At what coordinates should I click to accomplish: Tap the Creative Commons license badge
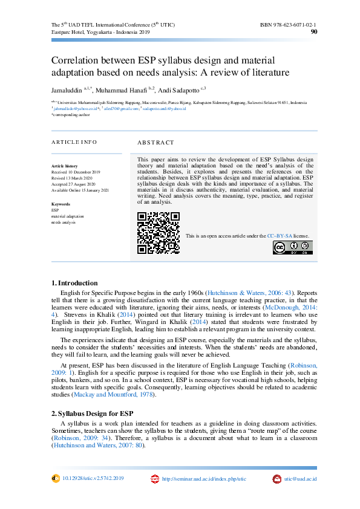click(293, 247)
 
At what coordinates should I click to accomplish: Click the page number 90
click(313, 32)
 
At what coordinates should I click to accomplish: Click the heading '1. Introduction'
click(74, 283)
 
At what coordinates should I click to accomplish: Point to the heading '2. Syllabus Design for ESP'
click(93, 413)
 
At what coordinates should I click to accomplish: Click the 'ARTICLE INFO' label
click(74, 142)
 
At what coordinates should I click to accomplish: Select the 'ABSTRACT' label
click(155, 143)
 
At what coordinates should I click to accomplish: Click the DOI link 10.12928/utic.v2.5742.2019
click(93, 478)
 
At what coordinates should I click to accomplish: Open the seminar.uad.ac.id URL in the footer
click(204, 479)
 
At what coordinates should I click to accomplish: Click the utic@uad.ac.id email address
click(300, 479)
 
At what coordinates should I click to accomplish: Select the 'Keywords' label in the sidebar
click(61, 204)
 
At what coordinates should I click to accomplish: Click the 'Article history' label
click(65, 166)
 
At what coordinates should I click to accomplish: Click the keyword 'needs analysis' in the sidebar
click(64, 222)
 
